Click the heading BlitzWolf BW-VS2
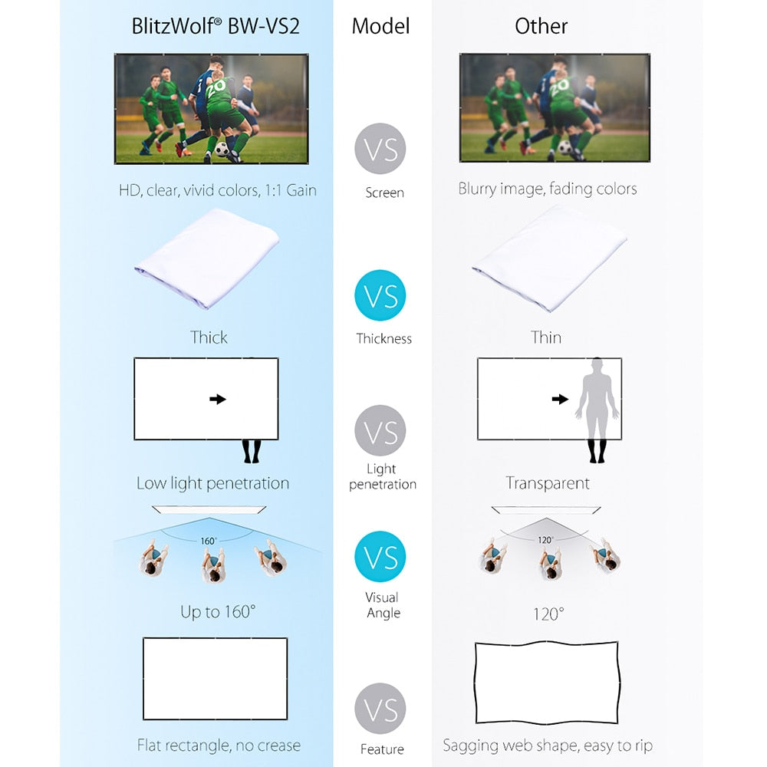coord(216,26)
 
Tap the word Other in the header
coord(541,26)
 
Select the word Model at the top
coord(380,26)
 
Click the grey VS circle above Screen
coord(380,149)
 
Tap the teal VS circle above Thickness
coord(380,295)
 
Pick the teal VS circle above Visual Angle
coord(380,557)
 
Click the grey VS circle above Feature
coord(380,709)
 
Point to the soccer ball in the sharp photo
coord(222,149)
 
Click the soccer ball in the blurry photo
coord(565,146)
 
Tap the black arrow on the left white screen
coord(218,399)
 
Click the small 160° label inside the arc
coord(208,541)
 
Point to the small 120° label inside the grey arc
coord(545,540)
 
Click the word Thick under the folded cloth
coord(209,337)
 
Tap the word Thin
coord(546,337)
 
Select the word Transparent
coord(548,482)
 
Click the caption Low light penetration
coord(212,483)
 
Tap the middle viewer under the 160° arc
coord(212,566)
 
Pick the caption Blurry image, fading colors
coord(548,189)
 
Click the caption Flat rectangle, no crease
coord(219,745)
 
